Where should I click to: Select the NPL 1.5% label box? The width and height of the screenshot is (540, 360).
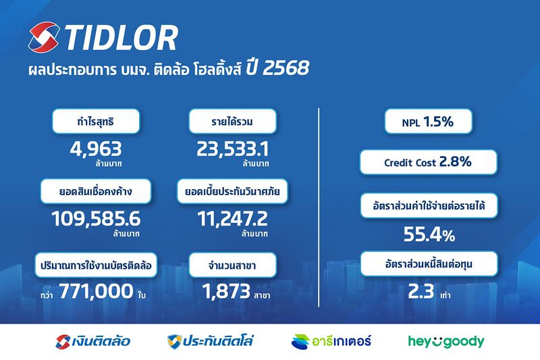click(428, 123)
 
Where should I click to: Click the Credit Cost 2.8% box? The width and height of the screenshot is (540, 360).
click(428, 162)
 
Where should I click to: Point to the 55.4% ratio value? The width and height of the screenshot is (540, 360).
click(429, 234)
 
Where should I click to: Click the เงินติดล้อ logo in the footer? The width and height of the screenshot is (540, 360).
click(92, 341)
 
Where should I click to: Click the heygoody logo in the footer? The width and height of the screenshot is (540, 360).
click(446, 341)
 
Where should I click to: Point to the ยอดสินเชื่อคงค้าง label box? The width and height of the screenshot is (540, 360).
click(96, 191)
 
